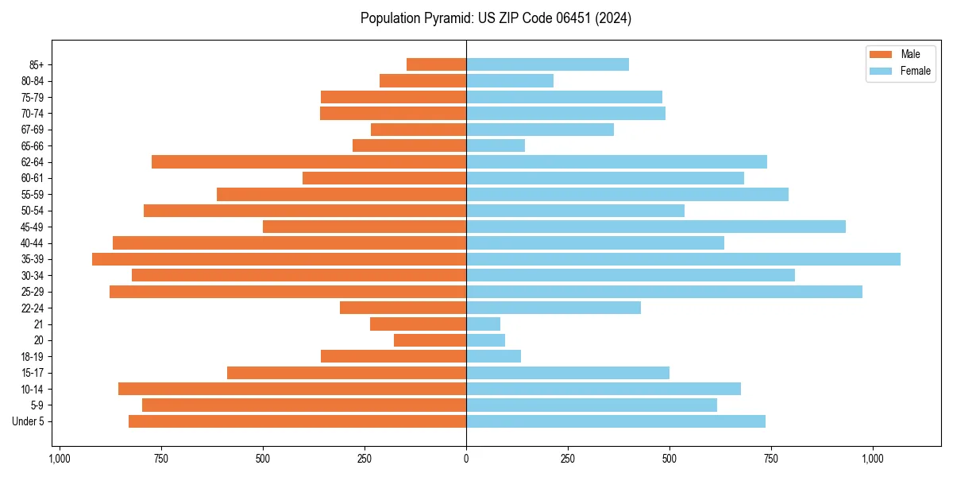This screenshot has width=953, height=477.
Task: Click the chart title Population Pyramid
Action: tap(496, 18)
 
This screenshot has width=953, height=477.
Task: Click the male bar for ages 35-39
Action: tap(279, 259)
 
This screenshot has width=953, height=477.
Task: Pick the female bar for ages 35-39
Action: tap(683, 259)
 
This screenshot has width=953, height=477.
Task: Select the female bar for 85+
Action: tap(547, 64)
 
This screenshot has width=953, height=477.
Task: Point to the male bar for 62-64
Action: tap(309, 162)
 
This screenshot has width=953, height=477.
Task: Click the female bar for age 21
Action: tap(483, 324)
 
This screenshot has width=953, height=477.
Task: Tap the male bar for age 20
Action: tap(430, 340)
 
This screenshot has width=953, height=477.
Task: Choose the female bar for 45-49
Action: tap(655, 227)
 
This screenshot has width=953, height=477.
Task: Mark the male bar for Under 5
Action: tap(297, 421)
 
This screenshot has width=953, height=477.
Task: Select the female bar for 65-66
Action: tap(496, 145)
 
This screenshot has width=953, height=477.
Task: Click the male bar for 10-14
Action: tap(292, 389)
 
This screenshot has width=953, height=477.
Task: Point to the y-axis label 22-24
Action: tap(33, 308)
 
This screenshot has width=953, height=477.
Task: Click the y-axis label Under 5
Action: tap(29, 421)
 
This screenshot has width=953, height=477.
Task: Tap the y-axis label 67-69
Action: tap(33, 130)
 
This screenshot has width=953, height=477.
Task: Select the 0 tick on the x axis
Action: tap(466, 459)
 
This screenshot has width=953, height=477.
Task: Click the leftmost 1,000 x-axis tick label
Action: tap(60, 459)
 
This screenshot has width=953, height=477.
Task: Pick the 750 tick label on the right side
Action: tap(770, 459)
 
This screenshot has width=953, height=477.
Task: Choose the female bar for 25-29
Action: tap(664, 292)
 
